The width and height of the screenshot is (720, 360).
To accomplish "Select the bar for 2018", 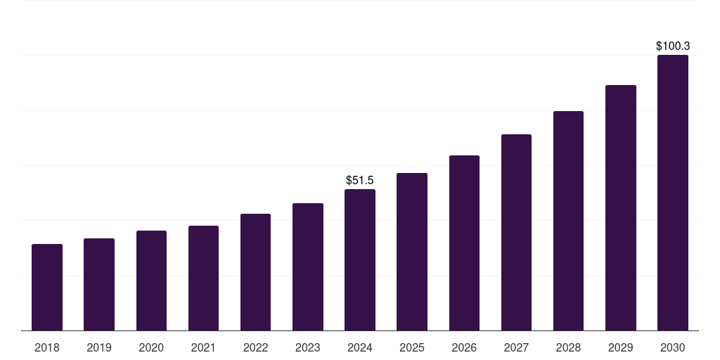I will (47, 288).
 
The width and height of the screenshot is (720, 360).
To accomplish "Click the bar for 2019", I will (99, 285).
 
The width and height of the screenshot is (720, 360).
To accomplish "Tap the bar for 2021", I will (203, 278).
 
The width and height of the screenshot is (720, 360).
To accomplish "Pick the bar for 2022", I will (255, 272).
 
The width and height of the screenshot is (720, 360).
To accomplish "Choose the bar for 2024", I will (360, 260).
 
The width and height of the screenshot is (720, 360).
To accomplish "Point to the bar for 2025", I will (412, 252).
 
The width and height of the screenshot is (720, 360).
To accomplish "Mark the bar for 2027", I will (516, 233).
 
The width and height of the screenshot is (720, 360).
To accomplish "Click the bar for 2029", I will (621, 208).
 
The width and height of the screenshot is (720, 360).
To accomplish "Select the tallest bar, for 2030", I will (673, 193).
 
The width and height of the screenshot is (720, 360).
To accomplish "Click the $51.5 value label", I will (360, 181).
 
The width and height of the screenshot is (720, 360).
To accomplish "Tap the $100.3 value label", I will (673, 46).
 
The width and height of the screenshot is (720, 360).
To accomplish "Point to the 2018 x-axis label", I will (47, 348).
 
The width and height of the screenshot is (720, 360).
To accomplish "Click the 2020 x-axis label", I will (151, 348).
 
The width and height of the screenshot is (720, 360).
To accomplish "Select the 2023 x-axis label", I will (308, 348).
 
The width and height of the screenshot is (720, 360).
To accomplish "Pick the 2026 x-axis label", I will (464, 348).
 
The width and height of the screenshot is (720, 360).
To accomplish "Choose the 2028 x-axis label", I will (568, 348).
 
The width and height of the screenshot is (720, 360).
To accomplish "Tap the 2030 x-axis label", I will (673, 348).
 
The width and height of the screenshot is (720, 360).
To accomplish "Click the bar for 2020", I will (151, 281).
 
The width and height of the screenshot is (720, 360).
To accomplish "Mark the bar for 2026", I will (464, 243).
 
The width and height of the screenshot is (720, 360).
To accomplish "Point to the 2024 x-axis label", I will (360, 348).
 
